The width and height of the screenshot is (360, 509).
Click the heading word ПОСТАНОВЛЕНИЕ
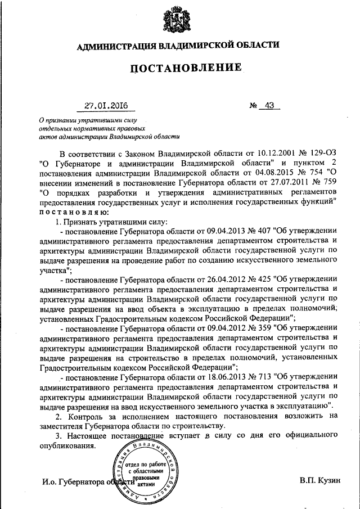coord(186,69)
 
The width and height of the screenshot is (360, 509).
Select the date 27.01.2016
coord(106,105)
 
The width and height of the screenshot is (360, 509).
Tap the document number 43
coord(268,105)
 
